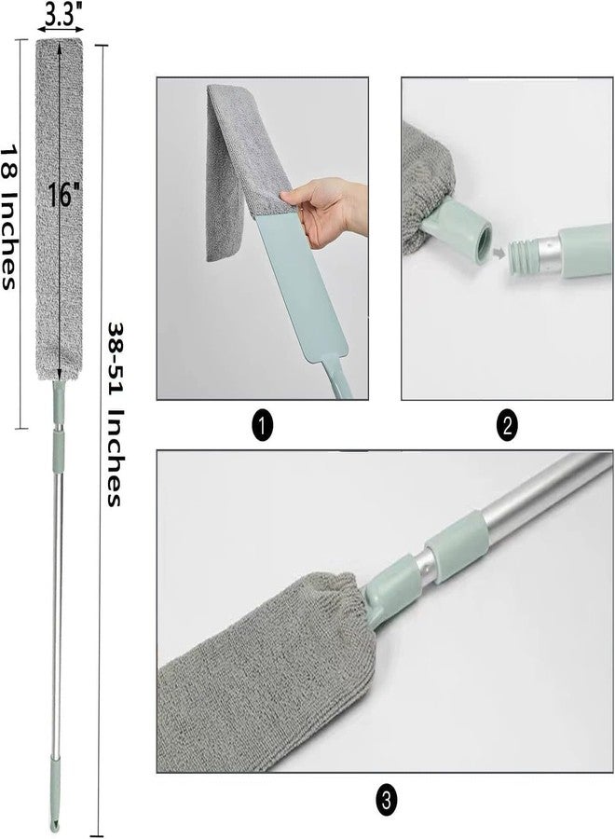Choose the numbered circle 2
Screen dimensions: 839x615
pyautogui.click(x=507, y=426)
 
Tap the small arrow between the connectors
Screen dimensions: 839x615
pyautogui.click(x=500, y=250)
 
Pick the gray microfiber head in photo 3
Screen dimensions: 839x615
pyautogui.click(x=261, y=662)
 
